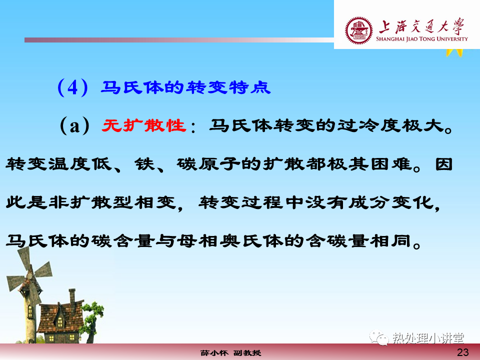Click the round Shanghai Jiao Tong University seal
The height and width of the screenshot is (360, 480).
click(x=359, y=30)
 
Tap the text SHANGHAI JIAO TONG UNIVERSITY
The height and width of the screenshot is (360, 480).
click(x=422, y=39)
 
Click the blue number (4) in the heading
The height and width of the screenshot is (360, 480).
click(x=73, y=87)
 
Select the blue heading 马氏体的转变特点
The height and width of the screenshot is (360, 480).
click(x=186, y=87)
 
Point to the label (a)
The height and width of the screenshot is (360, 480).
click(x=75, y=126)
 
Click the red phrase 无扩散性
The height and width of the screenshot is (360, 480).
click(x=144, y=125)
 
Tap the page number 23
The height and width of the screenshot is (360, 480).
click(x=462, y=352)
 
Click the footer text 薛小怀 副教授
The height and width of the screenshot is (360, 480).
click(x=231, y=353)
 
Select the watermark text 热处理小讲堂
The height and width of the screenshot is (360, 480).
click(x=428, y=338)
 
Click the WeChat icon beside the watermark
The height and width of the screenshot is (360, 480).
click(x=379, y=337)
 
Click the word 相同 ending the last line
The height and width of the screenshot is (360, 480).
click(x=390, y=241)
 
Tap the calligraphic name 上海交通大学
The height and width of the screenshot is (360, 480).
click(x=422, y=26)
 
